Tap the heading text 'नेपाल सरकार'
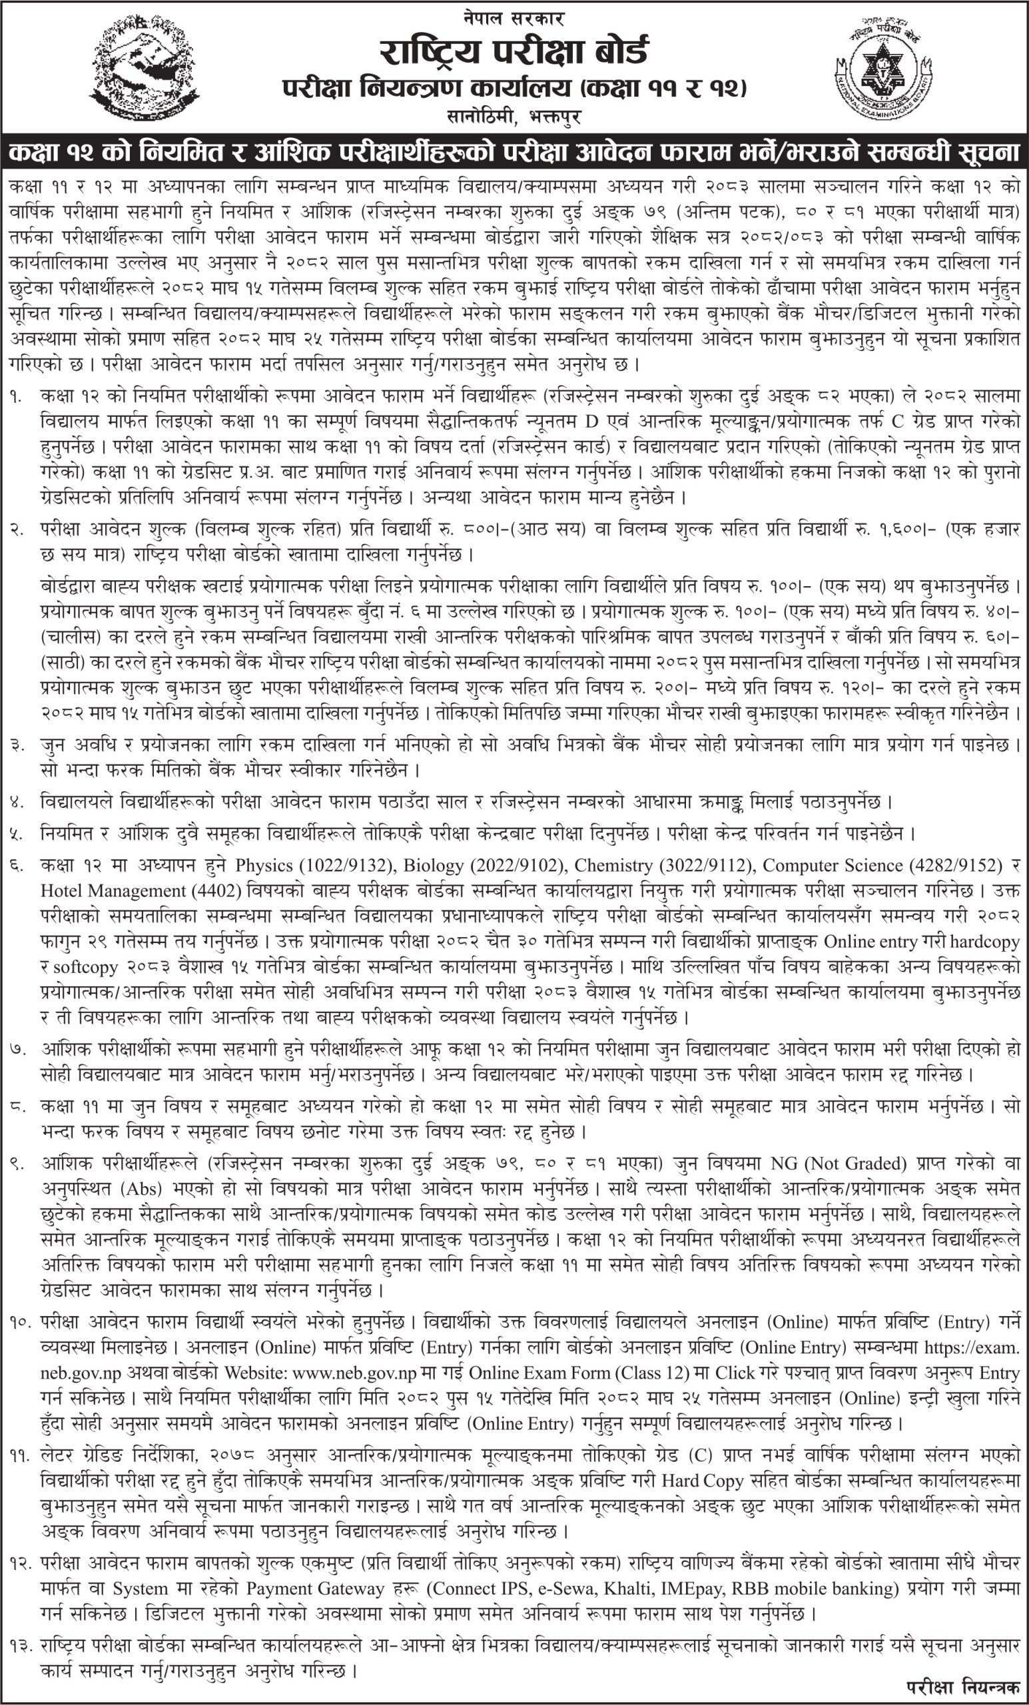[x=515, y=17]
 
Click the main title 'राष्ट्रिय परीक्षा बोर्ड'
[x=515, y=51]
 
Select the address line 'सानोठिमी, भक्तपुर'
[x=515, y=117]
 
